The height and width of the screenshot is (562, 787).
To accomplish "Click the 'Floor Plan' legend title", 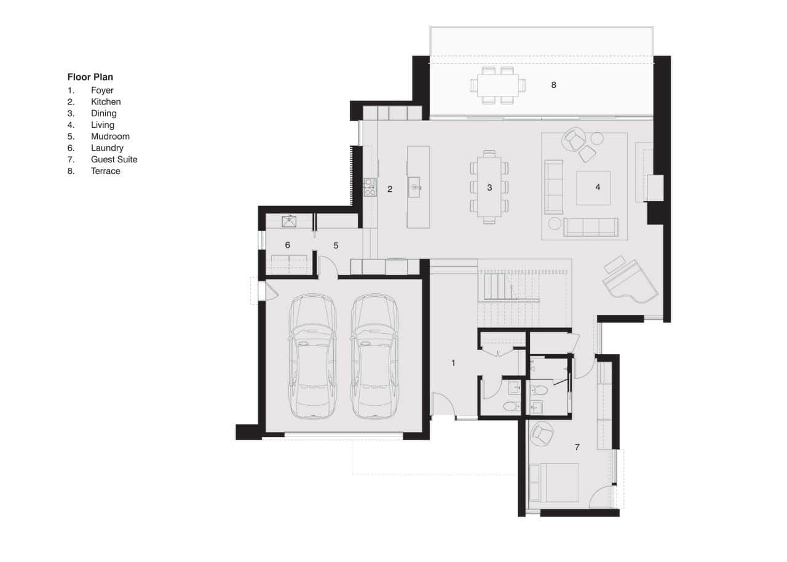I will click(x=90, y=77).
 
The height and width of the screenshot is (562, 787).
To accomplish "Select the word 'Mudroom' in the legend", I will click(x=110, y=137).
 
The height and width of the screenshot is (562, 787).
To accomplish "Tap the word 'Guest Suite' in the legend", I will click(x=114, y=159).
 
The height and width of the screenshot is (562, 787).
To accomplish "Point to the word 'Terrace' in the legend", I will click(x=105, y=171).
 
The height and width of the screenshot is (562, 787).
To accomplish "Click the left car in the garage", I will click(x=312, y=357).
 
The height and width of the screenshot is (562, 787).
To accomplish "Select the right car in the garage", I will click(x=375, y=357).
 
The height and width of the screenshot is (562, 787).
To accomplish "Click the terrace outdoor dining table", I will click(x=498, y=85).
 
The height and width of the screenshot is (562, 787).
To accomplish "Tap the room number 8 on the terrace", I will click(x=553, y=85).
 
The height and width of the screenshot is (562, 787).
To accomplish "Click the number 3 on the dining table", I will click(x=489, y=188).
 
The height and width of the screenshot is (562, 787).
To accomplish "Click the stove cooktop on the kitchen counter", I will click(x=370, y=186).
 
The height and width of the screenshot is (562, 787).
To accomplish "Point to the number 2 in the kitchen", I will click(x=390, y=189).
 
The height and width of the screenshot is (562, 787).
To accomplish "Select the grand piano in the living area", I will click(x=628, y=282).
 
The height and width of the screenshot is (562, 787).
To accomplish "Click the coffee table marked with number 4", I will click(x=593, y=188).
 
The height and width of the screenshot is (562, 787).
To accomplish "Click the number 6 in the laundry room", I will click(x=287, y=245).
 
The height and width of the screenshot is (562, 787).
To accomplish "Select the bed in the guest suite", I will click(x=553, y=482).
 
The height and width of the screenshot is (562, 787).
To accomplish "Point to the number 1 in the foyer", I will click(x=453, y=363).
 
